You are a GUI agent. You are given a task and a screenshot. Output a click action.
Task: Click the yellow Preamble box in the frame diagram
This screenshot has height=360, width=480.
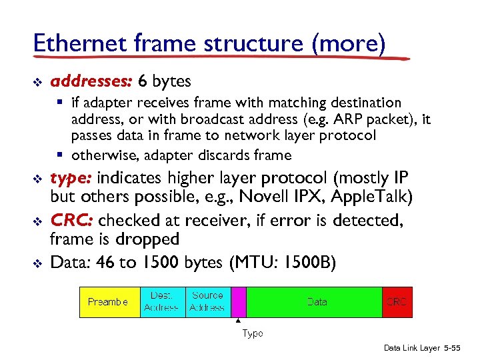click(x=109, y=302)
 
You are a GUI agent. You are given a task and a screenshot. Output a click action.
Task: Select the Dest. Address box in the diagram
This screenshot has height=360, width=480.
click(x=162, y=302)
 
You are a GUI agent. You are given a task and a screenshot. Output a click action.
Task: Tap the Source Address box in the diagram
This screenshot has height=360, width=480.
click(x=207, y=302)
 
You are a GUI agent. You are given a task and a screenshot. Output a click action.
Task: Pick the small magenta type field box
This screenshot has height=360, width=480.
click(x=238, y=302)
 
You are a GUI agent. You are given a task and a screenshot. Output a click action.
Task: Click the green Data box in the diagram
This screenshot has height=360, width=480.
click(x=315, y=302)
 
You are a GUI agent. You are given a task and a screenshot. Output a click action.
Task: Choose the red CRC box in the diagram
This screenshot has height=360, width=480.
click(x=397, y=302)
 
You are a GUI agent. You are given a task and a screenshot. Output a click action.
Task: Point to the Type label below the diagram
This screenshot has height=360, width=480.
click(x=252, y=333)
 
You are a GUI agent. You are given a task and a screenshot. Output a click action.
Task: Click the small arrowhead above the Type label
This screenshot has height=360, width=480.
click(x=238, y=321)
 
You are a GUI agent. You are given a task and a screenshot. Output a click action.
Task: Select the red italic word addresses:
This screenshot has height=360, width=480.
click(x=93, y=81)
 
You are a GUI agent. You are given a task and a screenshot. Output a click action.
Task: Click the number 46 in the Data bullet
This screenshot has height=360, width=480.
click(x=105, y=263)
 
